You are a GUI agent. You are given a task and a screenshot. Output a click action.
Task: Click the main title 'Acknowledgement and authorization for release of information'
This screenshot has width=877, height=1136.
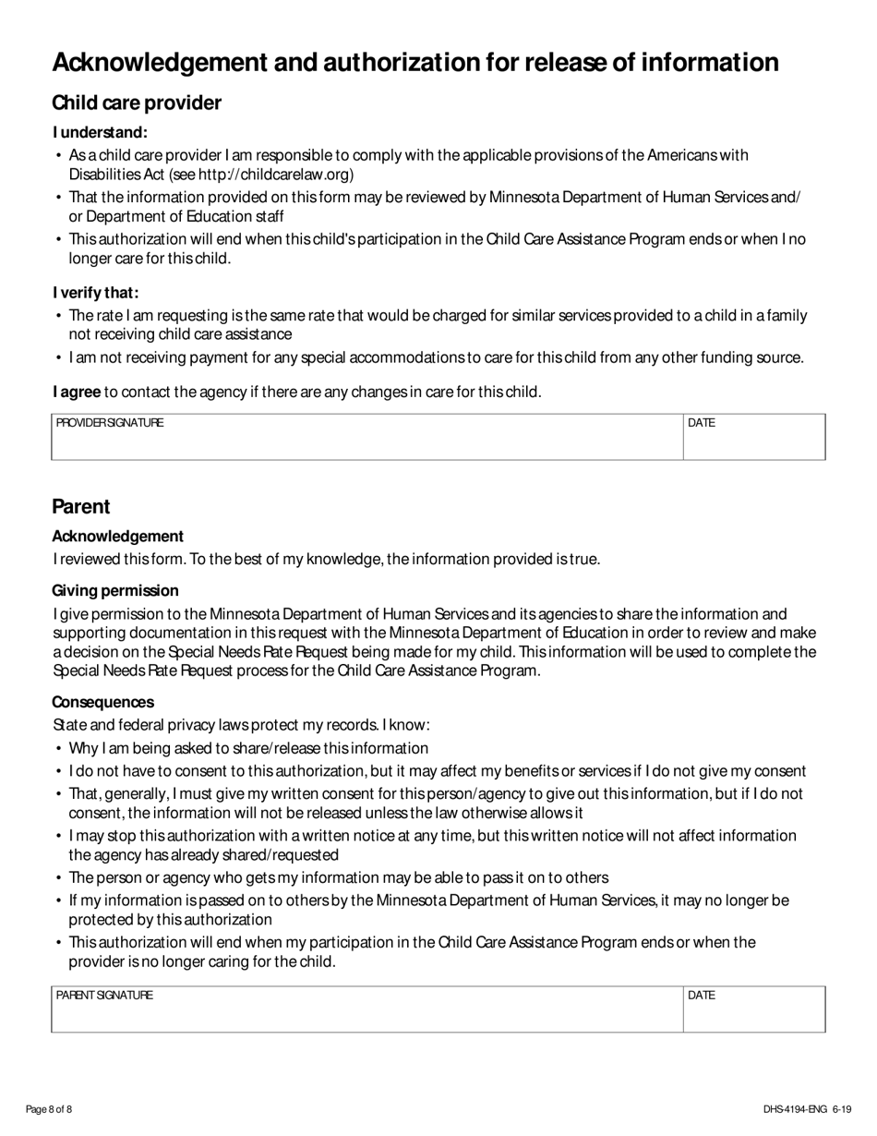click(414, 62)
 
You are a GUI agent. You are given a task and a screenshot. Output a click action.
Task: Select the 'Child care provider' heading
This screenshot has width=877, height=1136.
click(137, 103)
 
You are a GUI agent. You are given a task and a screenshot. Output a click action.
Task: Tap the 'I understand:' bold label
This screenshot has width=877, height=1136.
click(100, 133)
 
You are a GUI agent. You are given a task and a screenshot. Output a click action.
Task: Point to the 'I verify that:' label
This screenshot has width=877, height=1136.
click(96, 293)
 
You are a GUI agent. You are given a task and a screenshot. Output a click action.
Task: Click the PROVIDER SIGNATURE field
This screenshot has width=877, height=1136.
click(366, 437)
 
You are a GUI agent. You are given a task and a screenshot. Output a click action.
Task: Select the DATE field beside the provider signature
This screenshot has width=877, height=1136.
click(753, 437)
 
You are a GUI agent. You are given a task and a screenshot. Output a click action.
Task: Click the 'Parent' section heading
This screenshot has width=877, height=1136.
click(81, 506)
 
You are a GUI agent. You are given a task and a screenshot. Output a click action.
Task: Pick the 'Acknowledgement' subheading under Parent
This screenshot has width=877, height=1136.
click(117, 537)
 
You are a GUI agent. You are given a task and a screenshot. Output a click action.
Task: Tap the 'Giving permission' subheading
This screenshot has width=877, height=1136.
click(115, 590)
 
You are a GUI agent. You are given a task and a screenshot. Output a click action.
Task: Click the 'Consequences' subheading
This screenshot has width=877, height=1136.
click(102, 702)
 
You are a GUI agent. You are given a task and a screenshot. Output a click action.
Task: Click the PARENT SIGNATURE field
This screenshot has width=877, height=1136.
click(366, 1009)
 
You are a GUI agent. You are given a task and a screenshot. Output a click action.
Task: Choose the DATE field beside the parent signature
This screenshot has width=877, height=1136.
click(753, 1009)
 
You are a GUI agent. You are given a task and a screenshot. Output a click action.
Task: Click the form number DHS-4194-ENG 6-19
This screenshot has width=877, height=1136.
click(807, 1109)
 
